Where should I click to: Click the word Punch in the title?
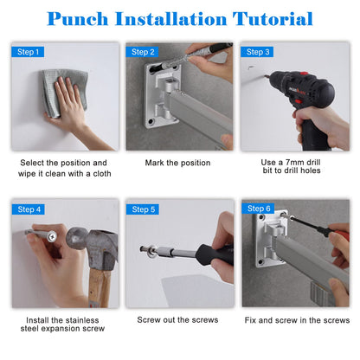pyautogui.click(x=78, y=19)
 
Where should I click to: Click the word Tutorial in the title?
pyautogui.click(x=273, y=19)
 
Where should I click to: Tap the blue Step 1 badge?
pyautogui.click(x=28, y=52)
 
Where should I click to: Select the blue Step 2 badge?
pyautogui.click(x=142, y=52)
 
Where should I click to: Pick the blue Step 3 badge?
pyautogui.click(x=257, y=52)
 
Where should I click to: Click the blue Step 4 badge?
pyautogui.click(x=29, y=209)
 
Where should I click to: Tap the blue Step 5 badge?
pyautogui.click(x=143, y=209)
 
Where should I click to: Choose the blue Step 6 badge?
pyautogui.click(x=258, y=209)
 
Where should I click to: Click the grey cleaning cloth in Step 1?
pyautogui.click(x=65, y=89)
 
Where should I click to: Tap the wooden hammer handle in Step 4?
pyautogui.click(x=99, y=288)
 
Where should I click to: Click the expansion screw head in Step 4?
pyautogui.click(x=52, y=236)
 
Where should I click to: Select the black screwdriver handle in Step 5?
pyautogui.click(x=214, y=254)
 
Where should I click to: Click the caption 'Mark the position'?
pyautogui.click(x=177, y=163)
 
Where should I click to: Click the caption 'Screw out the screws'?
pyautogui.click(x=177, y=320)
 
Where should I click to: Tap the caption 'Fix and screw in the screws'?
pyautogui.click(x=297, y=320)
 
